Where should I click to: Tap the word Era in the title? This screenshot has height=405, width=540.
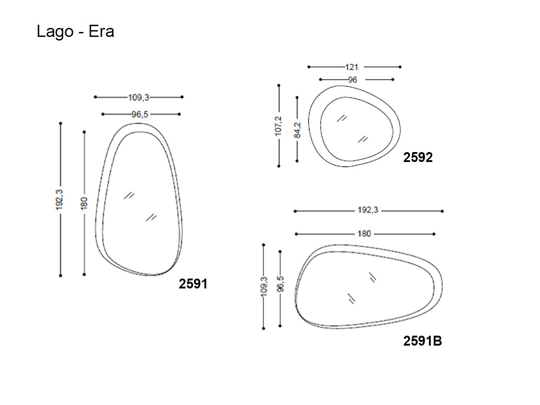tap(101, 31)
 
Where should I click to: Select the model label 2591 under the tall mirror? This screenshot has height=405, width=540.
tap(193, 284)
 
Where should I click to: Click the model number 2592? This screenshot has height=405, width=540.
tap(418, 157)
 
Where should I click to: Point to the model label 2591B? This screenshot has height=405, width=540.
tap(423, 341)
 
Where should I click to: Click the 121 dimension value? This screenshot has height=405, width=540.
tap(351, 67)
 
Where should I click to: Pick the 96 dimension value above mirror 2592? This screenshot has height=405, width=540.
tap(352, 80)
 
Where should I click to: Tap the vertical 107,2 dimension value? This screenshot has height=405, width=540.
tap(278, 126)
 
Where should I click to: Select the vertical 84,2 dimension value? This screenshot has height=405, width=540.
tap(297, 130)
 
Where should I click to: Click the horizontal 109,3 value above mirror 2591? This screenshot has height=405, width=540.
tap(139, 98)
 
